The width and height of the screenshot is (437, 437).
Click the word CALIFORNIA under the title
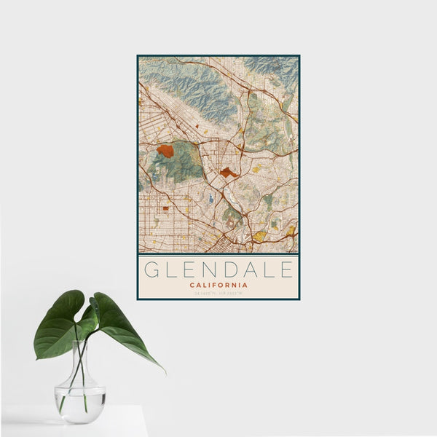tap(219, 285)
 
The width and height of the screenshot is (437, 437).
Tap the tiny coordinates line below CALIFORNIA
tap(219, 293)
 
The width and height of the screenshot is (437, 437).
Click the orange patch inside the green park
tap(165, 151)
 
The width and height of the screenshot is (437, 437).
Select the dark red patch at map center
tap(229, 173)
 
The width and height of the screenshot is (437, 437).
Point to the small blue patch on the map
tap(211, 197)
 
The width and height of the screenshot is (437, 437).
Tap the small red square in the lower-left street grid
tap(165, 208)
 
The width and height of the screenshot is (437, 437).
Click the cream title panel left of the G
tap(141, 277)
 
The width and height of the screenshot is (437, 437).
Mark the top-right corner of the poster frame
tap(299, 55)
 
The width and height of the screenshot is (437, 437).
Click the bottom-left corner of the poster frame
tap(138, 299)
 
